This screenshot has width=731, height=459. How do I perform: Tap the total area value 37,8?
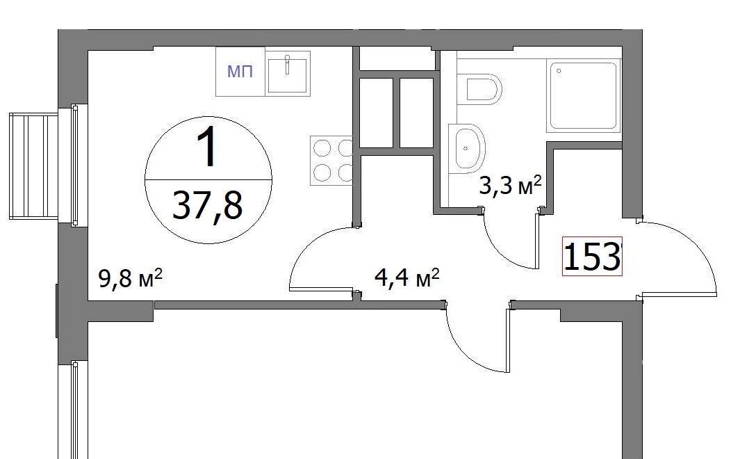point(208,206)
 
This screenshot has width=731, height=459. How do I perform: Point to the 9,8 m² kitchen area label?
point(130,279)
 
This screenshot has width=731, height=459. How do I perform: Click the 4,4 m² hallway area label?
point(407,278)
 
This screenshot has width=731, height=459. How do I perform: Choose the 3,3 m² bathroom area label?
point(511,186)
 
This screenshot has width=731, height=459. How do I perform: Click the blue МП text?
point(240,72)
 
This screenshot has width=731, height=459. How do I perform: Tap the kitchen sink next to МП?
point(288,73)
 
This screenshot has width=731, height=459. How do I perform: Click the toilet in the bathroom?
point(479,89)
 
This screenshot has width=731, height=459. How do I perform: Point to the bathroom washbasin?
point(467,148)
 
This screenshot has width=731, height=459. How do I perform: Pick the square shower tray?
point(584,96)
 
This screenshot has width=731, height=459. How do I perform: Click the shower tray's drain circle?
point(559,71)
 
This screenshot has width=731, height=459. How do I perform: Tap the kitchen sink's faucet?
point(288,64)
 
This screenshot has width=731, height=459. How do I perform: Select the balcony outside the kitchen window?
point(33,166)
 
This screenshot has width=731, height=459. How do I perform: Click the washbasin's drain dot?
point(466,148)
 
